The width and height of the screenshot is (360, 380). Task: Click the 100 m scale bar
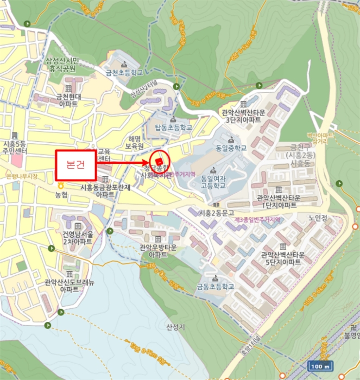tap(321, 365)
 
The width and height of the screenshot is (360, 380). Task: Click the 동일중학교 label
tap(230, 148)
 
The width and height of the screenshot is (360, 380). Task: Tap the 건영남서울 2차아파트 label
tap(78, 238)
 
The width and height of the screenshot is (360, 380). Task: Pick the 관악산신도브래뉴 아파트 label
tap(70, 286)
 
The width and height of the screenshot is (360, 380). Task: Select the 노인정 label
tap(317, 218)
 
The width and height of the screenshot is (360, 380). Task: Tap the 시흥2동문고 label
tap(217, 212)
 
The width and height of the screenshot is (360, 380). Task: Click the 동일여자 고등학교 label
tap(213, 181)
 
